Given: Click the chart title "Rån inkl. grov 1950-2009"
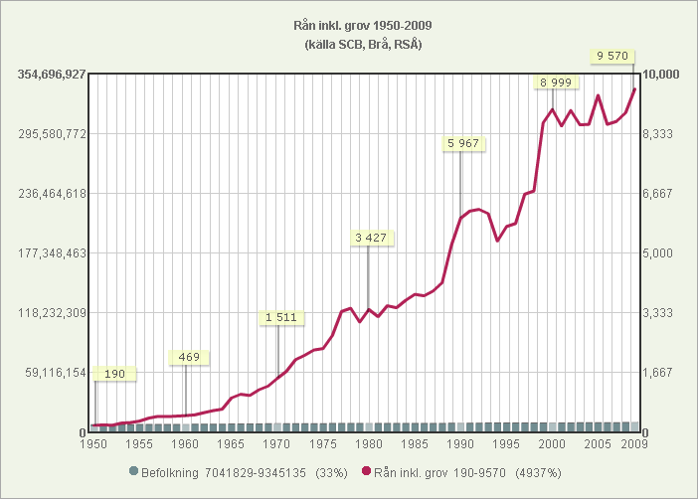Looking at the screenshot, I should coord(349,26).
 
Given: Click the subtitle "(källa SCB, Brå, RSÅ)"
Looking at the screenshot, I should coord(349,45).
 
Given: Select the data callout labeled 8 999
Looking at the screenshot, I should coord(556,82).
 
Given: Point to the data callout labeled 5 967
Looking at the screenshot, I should coord(463,143).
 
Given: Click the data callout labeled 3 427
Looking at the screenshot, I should coord(370,238).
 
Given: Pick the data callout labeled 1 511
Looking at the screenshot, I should coord(280,317).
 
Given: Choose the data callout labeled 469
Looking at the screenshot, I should coord(188,357).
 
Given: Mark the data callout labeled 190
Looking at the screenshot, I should coord(115,374).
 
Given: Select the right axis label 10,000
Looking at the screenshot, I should coord(661,75).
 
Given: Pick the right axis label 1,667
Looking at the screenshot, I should coord(658,373).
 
